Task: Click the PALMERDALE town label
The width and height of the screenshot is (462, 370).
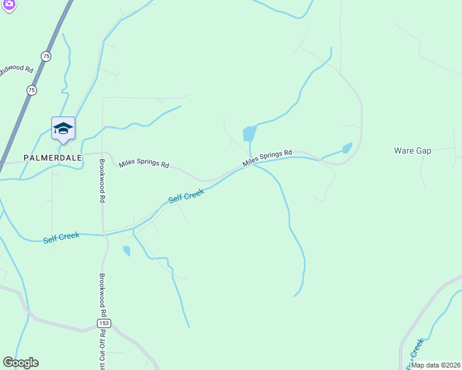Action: (52, 158)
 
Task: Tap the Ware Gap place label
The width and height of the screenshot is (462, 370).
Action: (413, 150)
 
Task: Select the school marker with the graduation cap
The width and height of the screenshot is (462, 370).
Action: (63, 129)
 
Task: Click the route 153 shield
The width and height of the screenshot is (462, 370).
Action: (103, 324)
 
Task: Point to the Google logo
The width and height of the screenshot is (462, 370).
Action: (20, 363)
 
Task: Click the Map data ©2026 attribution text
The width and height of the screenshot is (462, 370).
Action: (435, 365)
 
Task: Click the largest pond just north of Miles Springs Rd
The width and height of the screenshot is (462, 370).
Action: (250, 133)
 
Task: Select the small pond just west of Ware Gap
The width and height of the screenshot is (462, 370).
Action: (347, 148)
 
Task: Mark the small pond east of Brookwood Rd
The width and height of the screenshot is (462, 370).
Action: (127, 250)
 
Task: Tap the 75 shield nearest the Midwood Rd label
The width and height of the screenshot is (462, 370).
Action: (46, 56)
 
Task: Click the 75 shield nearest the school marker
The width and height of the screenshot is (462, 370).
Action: (31, 90)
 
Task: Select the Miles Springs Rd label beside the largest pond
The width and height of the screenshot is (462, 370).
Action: (267, 158)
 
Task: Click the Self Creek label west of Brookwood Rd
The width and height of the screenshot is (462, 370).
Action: (61, 237)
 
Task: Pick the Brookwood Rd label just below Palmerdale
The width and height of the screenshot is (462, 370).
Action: (103, 182)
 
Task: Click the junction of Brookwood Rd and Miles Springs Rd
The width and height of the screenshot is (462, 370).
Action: (105, 154)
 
